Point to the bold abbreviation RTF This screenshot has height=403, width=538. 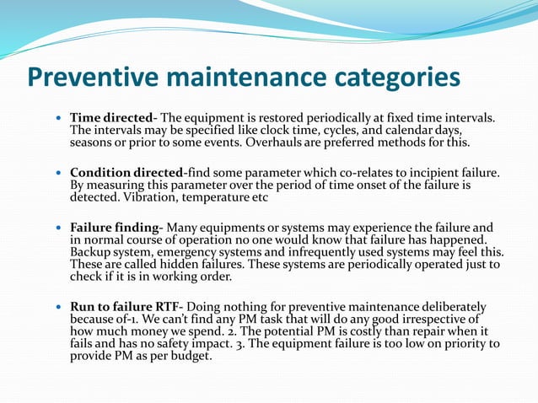[164, 306]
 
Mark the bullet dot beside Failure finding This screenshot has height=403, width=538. [57, 228]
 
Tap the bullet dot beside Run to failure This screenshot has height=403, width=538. [57, 307]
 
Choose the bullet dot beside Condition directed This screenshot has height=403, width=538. [57, 174]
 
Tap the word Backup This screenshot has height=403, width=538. [92, 252]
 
